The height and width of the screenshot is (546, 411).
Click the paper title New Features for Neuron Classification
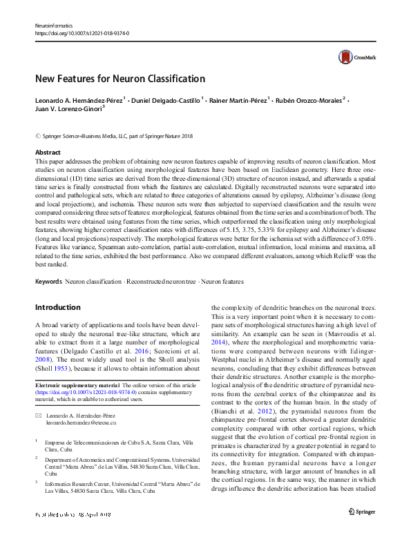click(120, 79)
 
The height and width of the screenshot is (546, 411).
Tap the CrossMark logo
click(351, 58)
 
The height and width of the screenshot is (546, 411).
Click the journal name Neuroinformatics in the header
click(54, 26)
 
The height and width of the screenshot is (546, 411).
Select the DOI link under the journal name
click(82, 32)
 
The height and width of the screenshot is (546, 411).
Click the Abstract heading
click(48, 152)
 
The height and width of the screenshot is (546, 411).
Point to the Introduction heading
click(58, 306)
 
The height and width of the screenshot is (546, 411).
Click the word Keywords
click(48, 282)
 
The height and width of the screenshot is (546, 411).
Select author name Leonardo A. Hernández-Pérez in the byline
click(79, 101)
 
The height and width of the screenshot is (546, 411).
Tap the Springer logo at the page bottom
click(362, 531)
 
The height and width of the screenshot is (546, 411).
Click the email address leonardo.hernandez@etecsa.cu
click(82, 422)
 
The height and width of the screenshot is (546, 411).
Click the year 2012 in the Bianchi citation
click(258, 411)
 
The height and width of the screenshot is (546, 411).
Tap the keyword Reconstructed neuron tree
click(160, 282)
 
